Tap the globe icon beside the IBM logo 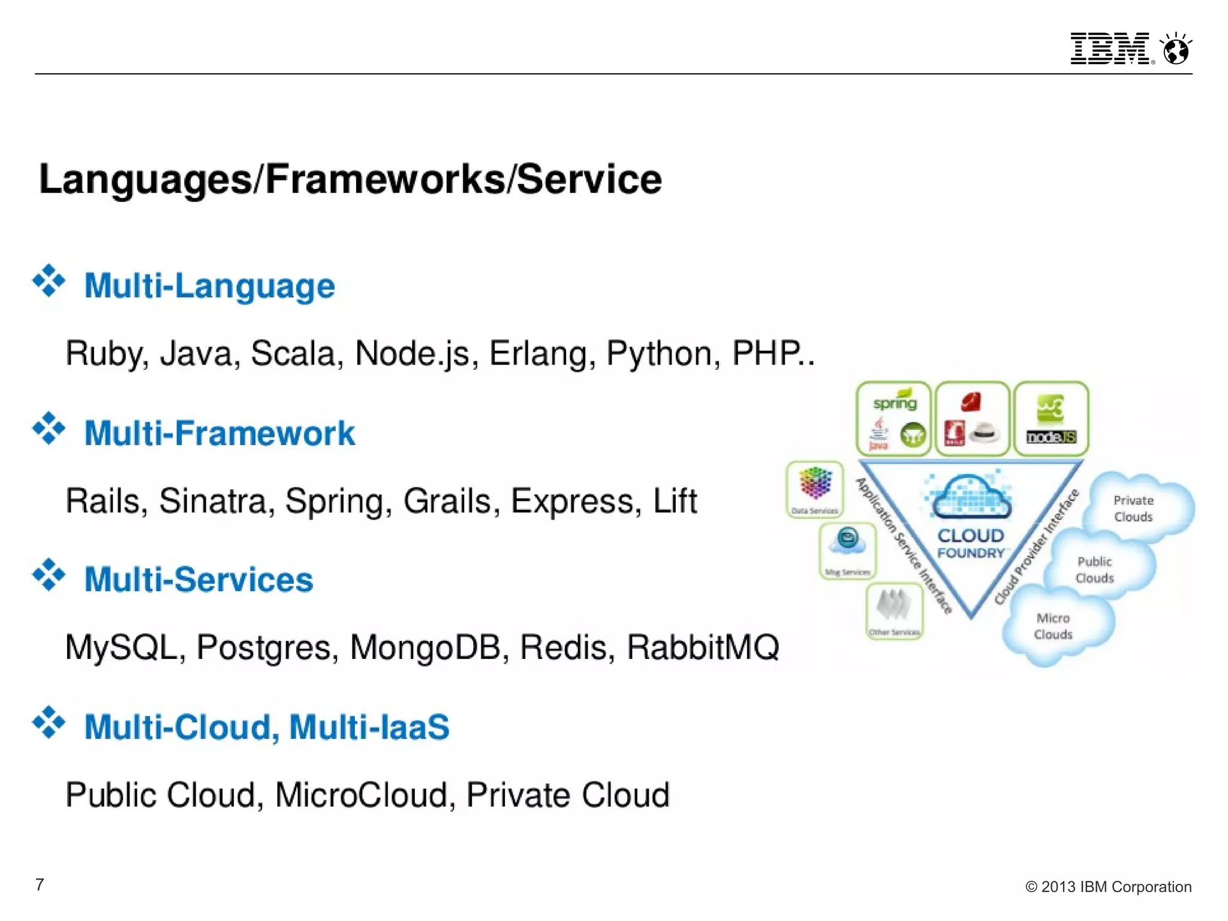pyautogui.click(x=1176, y=49)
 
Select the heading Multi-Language pyautogui.click(x=209, y=285)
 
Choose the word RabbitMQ pyautogui.click(x=703, y=648)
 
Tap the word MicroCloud pyautogui.click(x=362, y=795)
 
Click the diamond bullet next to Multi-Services pyautogui.click(x=49, y=575)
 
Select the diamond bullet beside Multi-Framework pyautogui.click(x=49, y=428)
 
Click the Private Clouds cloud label pyautogui.click(x=1133, y=508)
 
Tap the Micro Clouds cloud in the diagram pyautogui.click(x=1053, y=626)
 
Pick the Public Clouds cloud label pyautogui.click(x=1094, y=570)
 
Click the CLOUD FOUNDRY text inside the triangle pyautogui.click(x=970, y=543)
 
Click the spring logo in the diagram pyautogui.click(x=895, y=402)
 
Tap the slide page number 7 pyautogui.click(x=40, y=884)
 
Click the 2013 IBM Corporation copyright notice pyautogui.click(x=1108, y=887)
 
